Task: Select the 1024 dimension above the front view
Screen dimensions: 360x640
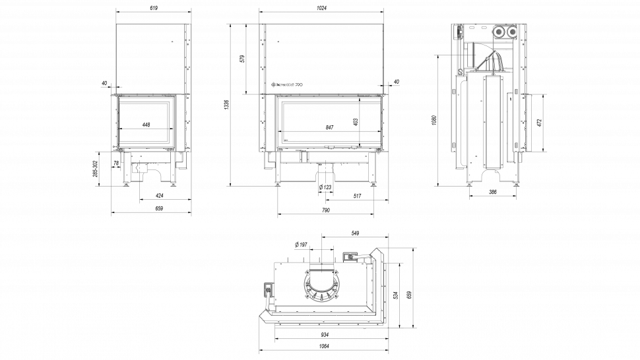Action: [x=321, y=8]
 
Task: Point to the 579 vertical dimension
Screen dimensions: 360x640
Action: [x=243, y=59]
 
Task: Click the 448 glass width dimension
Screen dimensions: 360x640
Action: [x=146, y=125]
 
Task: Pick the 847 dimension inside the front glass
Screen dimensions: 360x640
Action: [x=329, y=127]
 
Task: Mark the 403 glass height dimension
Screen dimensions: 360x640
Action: [x=356, y=121]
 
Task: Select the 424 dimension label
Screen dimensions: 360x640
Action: [x=159, y=196]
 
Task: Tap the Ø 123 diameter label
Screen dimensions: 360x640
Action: [x=325, y=188]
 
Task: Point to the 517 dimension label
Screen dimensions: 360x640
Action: [x=357, y=196]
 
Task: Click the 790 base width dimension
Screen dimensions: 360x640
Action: [x=325, y=210]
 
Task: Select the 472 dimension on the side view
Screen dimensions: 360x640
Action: [x=539, y=123]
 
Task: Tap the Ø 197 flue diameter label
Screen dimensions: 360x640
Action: [x=301, y=245]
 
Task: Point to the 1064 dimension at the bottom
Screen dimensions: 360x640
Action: [x=323, y=346]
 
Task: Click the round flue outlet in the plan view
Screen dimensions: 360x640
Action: [x=323, y=284]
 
